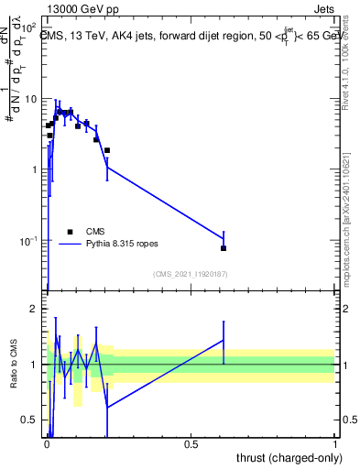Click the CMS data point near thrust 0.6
[224, 248]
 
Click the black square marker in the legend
[70, 232]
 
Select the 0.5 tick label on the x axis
[191, 444]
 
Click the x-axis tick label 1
[335, 444]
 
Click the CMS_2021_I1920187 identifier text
[190, 274]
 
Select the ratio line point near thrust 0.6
[224, 340]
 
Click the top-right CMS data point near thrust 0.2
[107, 150]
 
